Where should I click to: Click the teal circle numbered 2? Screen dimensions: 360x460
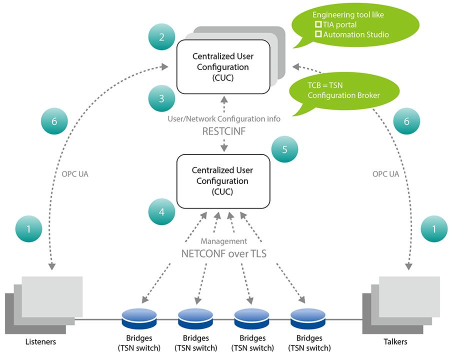(161, 37)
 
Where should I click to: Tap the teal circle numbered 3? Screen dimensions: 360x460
(161, 98)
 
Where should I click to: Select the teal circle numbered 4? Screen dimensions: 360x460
(161, 212)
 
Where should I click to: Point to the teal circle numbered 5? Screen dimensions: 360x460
(284, 149)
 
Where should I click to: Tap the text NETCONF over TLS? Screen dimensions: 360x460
(223, 253)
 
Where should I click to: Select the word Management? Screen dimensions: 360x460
(224, 241)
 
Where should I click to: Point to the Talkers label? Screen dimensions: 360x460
(395, 342)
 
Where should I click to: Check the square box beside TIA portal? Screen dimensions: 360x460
(318, 24)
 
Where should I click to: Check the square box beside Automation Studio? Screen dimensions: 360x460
(318, 35)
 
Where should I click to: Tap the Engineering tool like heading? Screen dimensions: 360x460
(348, 14)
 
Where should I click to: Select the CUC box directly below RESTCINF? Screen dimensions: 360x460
(223, 180)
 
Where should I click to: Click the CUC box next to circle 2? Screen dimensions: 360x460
(223, 67)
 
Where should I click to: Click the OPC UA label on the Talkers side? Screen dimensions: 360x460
(386, 174)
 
